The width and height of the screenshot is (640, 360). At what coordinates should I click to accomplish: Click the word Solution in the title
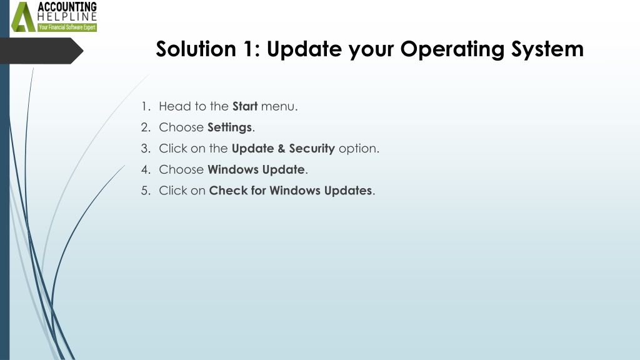pos(196,49)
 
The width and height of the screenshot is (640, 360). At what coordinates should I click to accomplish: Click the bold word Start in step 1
pos(245,106)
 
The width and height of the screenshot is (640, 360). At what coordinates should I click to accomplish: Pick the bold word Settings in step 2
pos(229,127)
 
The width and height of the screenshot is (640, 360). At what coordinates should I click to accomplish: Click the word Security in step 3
pos(312,149)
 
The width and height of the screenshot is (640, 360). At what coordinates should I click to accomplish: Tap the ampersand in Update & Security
pos(281,149)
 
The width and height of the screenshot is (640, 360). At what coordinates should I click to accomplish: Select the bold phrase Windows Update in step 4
pos(256,169)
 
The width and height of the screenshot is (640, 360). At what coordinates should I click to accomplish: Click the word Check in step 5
pos(228,191)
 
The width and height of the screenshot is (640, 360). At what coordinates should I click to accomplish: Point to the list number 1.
pos(146,106)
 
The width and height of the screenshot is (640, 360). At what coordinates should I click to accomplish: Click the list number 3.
pos(146,149)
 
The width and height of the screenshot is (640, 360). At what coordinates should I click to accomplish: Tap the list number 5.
pos(146,191)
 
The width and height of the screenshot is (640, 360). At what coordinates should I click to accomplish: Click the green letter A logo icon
pos(23,17)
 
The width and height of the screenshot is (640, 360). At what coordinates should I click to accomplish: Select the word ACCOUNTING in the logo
pos(67,7)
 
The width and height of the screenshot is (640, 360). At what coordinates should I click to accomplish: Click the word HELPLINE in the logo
pos(67,17)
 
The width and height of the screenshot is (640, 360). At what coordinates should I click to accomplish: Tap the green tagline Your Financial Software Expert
pos(67,27)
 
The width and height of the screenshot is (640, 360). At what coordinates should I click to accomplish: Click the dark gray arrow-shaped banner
pos(41,51)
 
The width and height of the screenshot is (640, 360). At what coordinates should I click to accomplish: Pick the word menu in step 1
pos(279,106)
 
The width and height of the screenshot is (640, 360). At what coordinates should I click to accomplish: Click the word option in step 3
pos(359,149)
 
